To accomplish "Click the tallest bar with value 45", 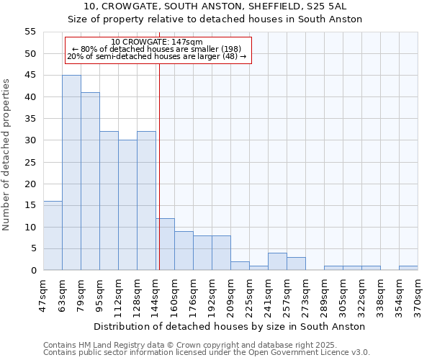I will click(71, 173).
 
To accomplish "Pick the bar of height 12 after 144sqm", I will click(165, 244).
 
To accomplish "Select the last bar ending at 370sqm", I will click(408, 268).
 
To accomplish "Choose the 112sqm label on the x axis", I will click(118, 294).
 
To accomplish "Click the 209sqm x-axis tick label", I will click(230, 294).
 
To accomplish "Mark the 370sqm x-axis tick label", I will click(418, 294).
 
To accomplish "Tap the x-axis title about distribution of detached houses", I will click(229, 326).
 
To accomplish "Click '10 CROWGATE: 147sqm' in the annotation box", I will click(157, 42).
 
